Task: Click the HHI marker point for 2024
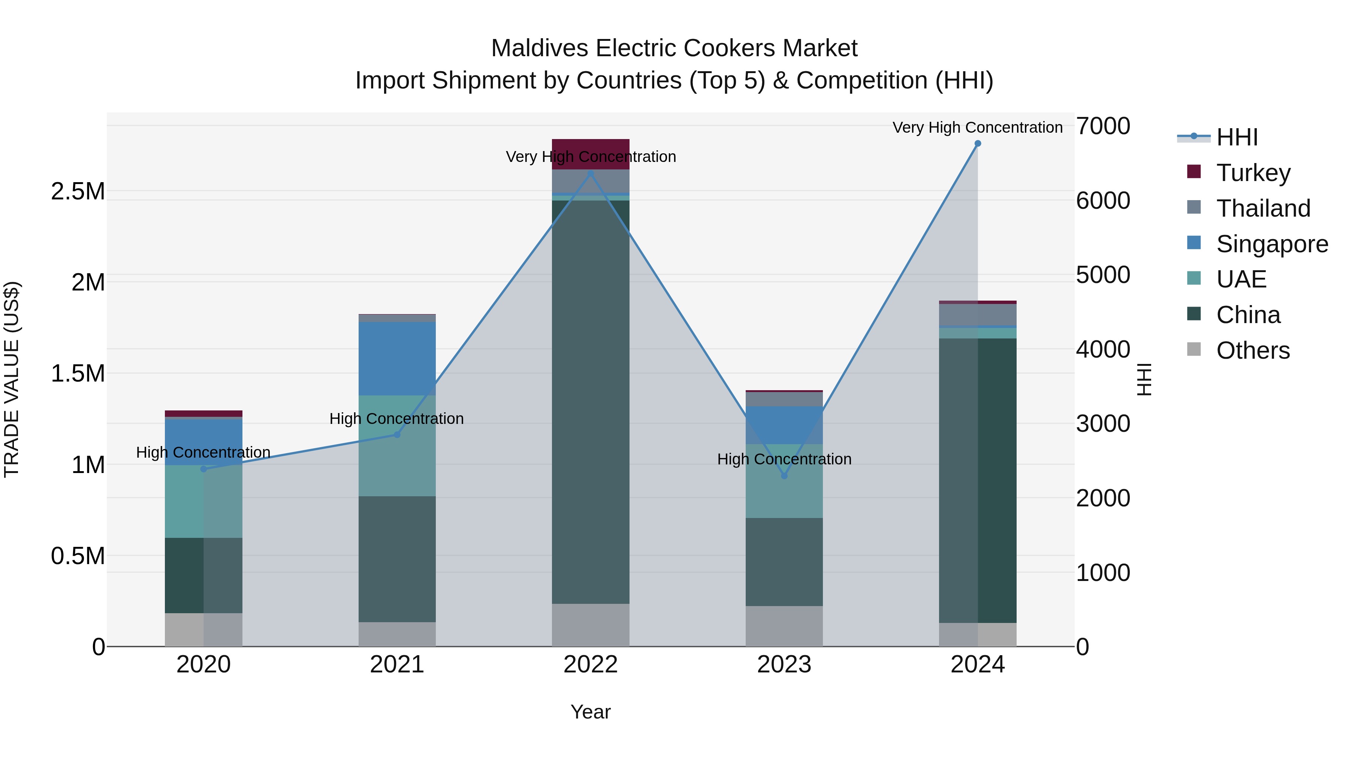click(977, 144)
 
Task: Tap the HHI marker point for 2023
click(784, 476)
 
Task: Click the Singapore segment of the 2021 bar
click(397, 358)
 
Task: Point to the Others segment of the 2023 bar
click(784, 626)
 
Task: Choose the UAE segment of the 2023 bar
click(784, 481)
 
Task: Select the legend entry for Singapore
click(1271, 244)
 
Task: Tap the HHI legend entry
click(1237, 137)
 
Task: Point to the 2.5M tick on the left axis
click(78, 192)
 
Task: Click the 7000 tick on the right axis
click(1103, 126)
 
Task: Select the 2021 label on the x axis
click(397, 665)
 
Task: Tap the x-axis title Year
click(590, 712)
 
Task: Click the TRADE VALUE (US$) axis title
click(12, 379)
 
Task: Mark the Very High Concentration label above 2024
click(977, 127)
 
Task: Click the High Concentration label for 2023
click(784, 459)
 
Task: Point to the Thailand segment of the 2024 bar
click(977, 314)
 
